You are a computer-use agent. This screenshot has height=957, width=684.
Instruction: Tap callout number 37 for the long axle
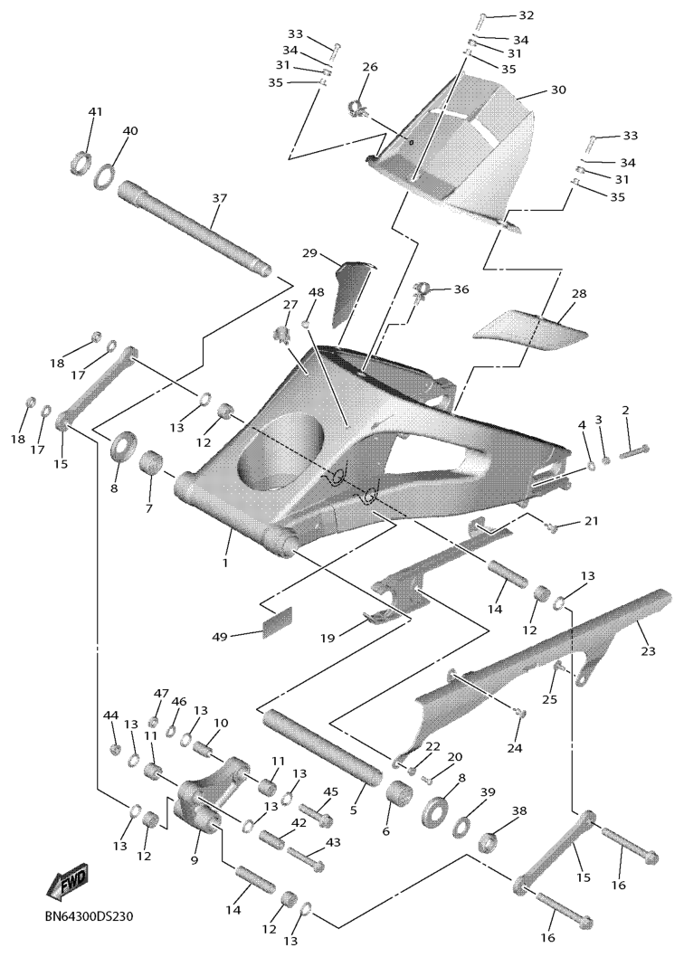click(219, 198)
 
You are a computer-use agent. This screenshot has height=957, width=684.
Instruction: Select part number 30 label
click(558, 90)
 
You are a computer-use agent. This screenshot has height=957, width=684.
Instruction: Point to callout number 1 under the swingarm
click(225, 562)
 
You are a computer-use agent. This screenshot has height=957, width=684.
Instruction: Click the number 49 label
click(220, 637)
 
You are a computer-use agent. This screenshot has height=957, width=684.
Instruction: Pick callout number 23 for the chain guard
click(648, 651)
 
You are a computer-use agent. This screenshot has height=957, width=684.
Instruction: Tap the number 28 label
click(579, 294)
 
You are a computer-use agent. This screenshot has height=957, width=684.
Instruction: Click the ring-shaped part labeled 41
click(80, 163)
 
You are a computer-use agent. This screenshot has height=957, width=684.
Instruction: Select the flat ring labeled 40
click(105, 176)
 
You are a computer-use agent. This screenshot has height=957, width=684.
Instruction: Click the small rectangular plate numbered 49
click(277, 622)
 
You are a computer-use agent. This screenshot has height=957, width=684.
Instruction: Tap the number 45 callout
click(330, 791)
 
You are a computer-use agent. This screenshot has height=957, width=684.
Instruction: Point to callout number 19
click(328, 638)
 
